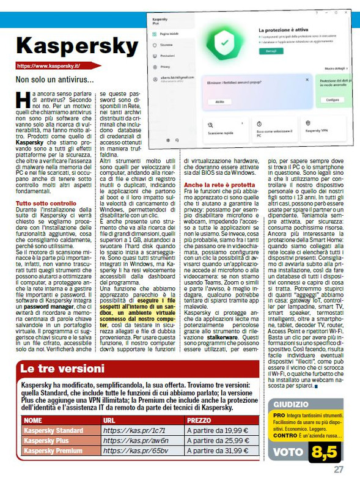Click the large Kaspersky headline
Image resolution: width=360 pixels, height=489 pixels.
pos(76,46)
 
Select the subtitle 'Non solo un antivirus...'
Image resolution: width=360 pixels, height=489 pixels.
pos(55,79)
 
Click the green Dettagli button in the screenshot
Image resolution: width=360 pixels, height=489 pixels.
pos(270,51)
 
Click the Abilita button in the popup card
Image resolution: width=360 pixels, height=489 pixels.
pos(219,101)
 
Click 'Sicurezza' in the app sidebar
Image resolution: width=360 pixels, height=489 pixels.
pos(166,45)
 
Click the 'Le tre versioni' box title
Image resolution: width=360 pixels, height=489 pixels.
pos(62,369)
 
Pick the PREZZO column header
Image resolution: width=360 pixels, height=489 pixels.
pos(199,421)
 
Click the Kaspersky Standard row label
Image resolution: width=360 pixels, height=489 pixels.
pos(53,430)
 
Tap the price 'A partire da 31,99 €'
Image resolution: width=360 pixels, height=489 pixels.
pos(218,450)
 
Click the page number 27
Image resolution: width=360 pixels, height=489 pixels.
pos(339,470)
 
